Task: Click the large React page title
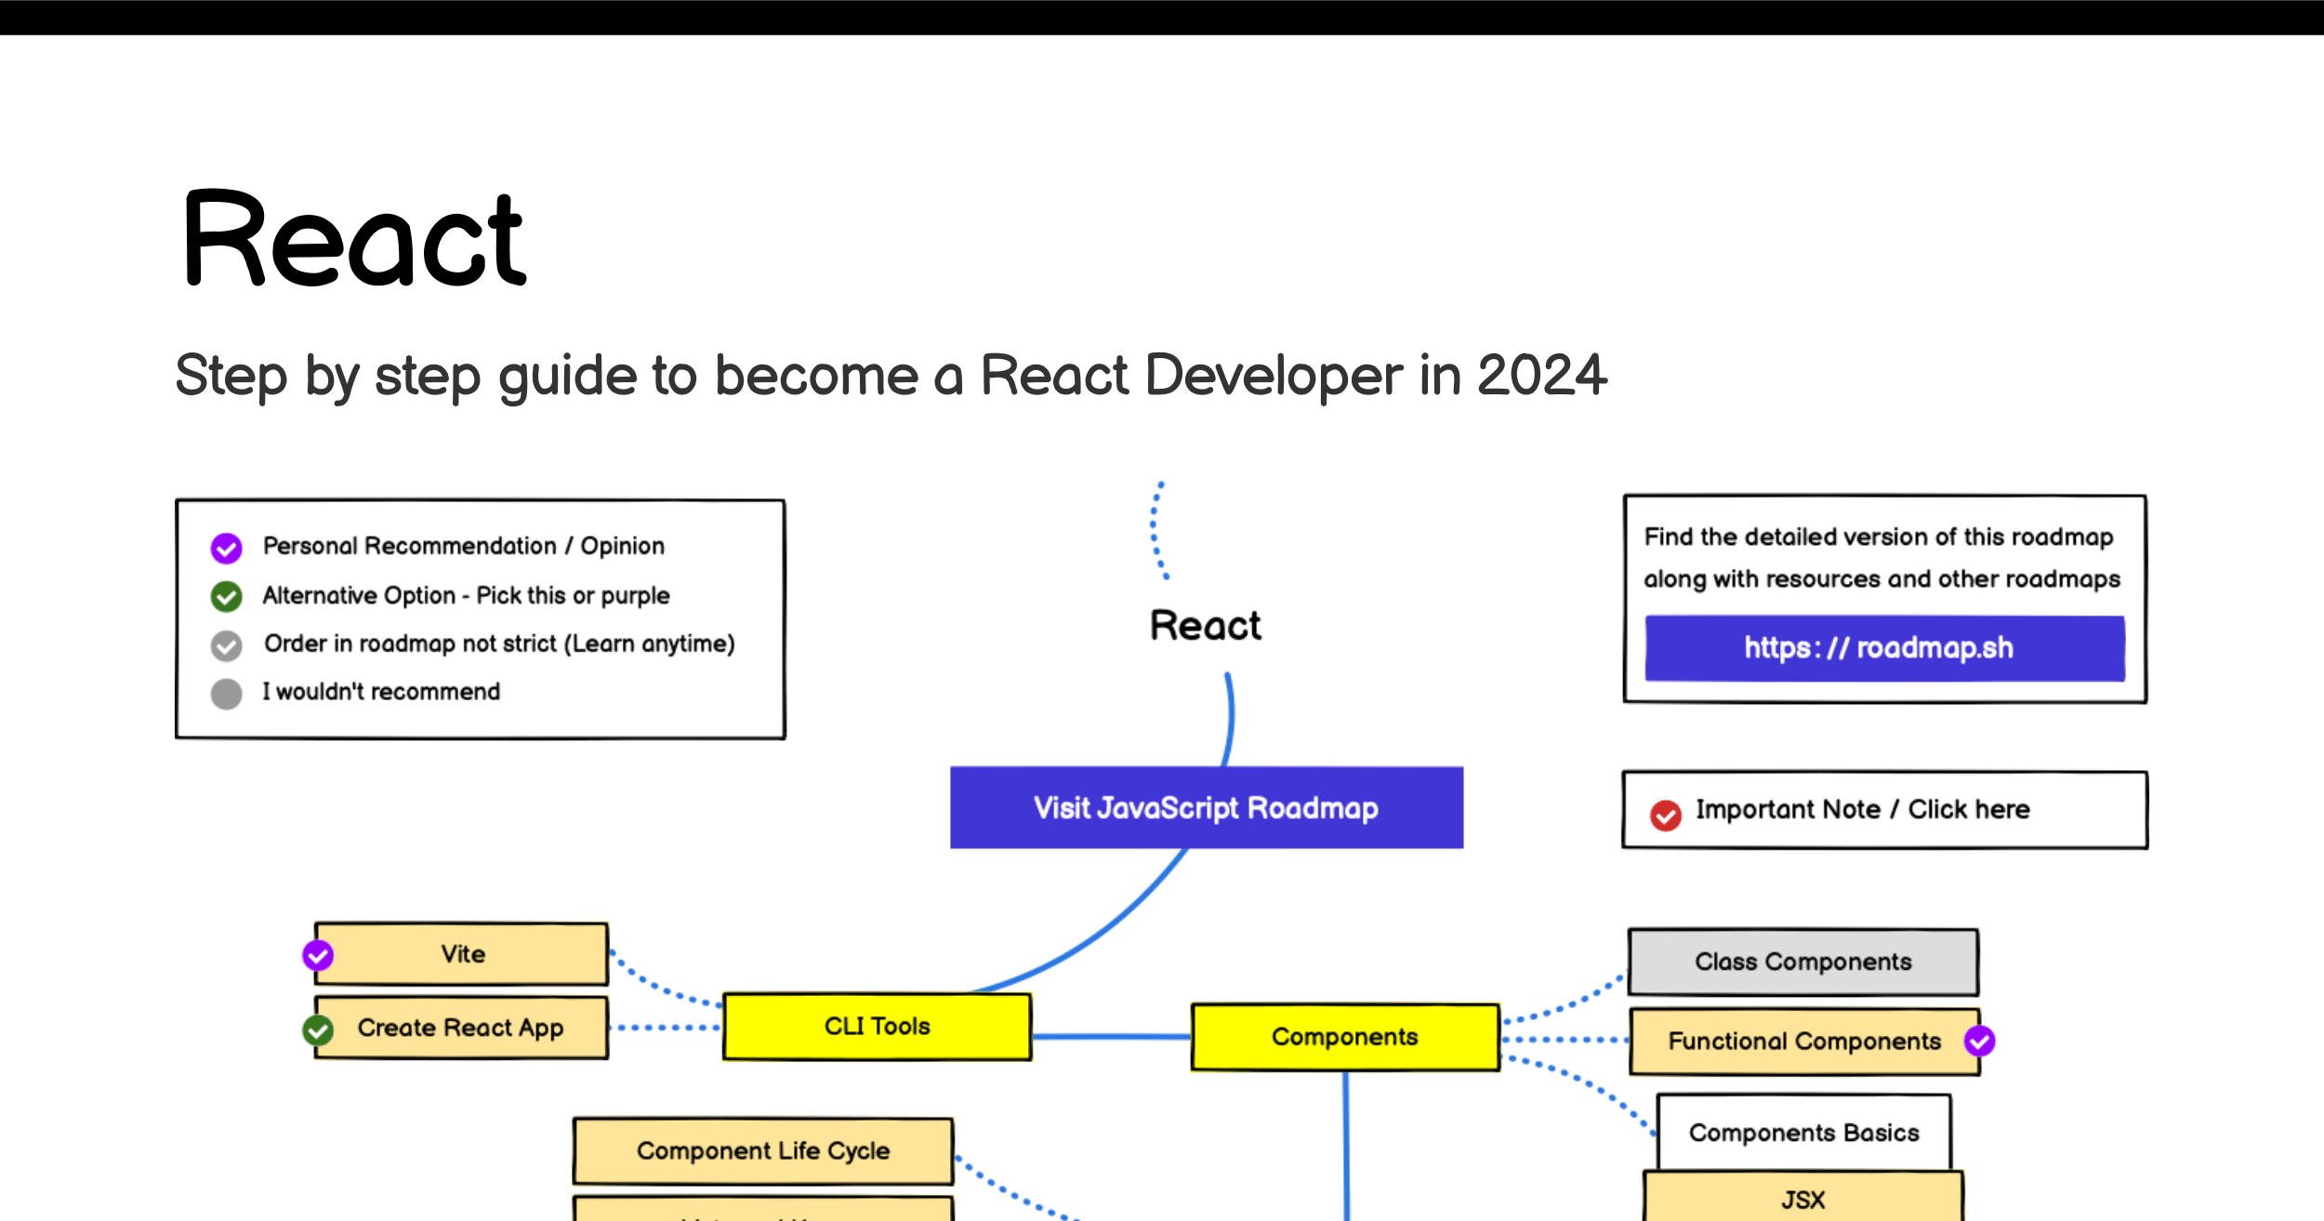pos(355,238)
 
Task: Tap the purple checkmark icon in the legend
pos(226,548)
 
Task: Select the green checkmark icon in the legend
pos(226,596)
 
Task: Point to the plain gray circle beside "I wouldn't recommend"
pos(226,694)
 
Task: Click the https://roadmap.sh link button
pos(1884,648)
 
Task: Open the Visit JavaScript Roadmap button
pos(1207,807)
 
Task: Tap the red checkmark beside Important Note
pos(1665,816)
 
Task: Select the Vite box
pos(461,953)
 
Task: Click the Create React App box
pos(461,1028)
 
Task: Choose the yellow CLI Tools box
pos(878,1026)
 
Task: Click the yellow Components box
pos(1345,1037)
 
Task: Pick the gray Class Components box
pos(1803,962)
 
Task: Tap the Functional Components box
pos(1805,1042)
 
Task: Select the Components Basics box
pos(1803,1133)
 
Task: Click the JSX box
pos(1803,1197)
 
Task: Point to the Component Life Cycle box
pos(763,1150)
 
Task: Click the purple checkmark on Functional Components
pos(1979,1041)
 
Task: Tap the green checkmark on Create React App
pos(318,1030)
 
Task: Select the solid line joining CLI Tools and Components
pos(1112,1036)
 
